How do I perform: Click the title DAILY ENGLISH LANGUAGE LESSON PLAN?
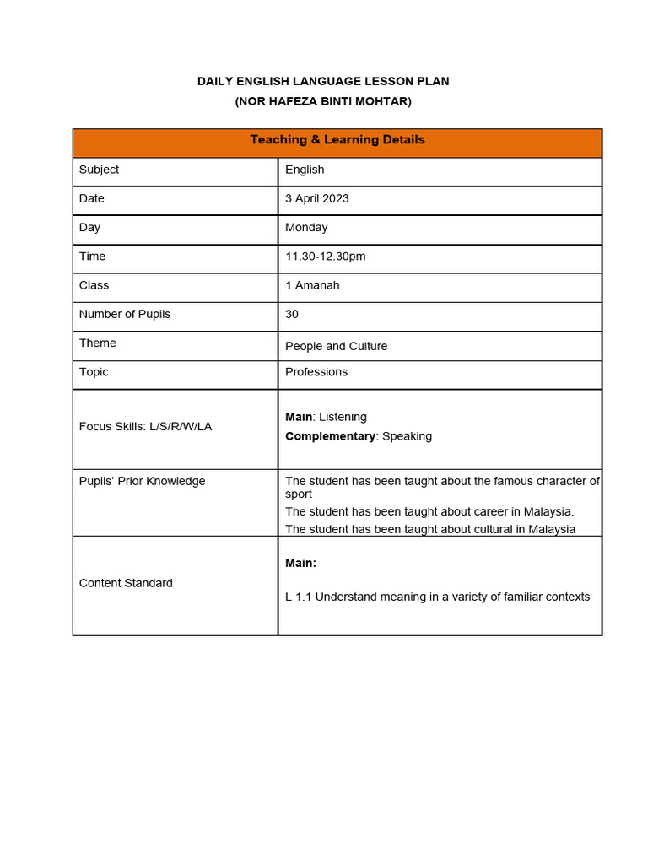pos(323,81)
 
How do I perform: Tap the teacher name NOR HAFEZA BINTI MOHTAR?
pos(323,101)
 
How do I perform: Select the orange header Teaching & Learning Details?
pos(337,140)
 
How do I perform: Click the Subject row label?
pos(99,170)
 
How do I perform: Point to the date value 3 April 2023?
pos(316,198)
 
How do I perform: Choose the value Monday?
pos(306,227)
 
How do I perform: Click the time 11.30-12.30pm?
pos(325,256)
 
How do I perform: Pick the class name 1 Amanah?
pos(312,285)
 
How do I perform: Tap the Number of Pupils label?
pos(125,314)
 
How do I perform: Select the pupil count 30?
pos(292,314)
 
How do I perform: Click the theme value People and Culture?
pos(336,346)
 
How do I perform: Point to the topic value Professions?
pos(316,372)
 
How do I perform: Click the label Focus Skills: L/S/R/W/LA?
pos(145,427)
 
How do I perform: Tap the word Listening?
pos(343,417)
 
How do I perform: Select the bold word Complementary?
pos(330,436)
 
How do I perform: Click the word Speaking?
pos(407,436)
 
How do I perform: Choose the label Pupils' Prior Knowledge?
pos(142,481)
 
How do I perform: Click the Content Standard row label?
pos(126,583)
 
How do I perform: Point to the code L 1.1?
pos(298,597)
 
